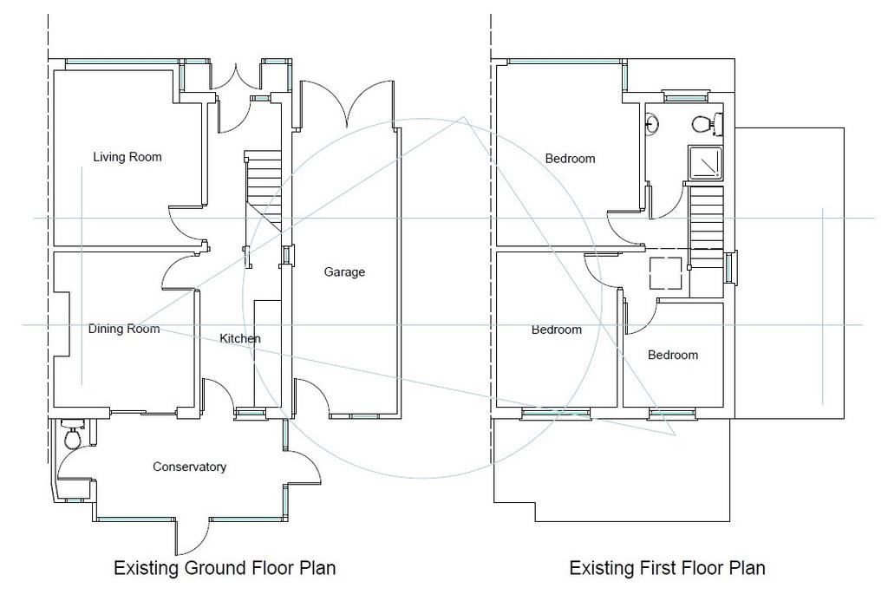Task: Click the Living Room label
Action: [127, 158]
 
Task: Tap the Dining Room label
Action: [124, 329]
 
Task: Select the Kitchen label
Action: [240, 339]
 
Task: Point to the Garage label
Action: [344, 272]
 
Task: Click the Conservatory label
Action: [190, 467]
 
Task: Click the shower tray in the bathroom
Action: [706, 163]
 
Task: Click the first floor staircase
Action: [706, 226]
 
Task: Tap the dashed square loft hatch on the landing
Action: [665, 273]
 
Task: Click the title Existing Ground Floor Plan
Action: [225, 567]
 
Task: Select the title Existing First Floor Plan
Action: [667, 567]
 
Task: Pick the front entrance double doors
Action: [236, 76]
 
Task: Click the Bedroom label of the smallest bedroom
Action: [673, 356]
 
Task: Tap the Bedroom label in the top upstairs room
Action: [571, 159]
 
